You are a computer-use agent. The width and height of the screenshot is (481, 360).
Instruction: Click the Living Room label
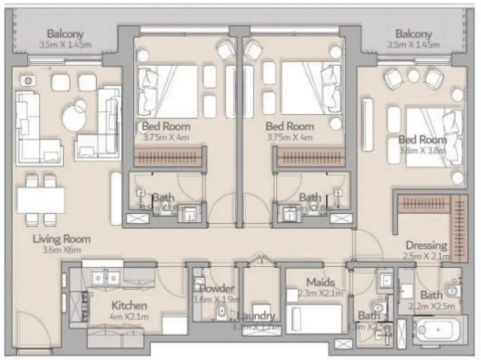pos(61,239)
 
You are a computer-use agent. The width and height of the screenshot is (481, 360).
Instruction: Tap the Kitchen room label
pos(129,305)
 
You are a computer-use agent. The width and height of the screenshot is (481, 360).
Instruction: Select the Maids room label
pos(321,282)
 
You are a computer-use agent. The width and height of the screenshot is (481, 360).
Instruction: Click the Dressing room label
pos(426,246)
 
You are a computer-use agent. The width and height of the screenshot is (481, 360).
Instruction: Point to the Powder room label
pos(217,289)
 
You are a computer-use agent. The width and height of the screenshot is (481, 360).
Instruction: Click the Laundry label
pos(256,316)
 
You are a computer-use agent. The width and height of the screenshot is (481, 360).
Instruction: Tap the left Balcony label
pos(65,34)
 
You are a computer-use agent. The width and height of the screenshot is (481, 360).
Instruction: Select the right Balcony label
pos(413,34)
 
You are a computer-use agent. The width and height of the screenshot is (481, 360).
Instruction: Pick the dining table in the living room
pos(41,200)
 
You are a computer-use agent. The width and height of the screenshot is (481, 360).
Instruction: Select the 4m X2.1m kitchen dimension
pos(130,317)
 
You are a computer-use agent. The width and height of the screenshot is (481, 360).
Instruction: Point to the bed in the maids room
pos(316,318)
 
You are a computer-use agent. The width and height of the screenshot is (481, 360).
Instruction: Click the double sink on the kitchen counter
pos(106,277)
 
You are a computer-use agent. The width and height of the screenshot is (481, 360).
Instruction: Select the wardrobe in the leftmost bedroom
pos(169,157)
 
